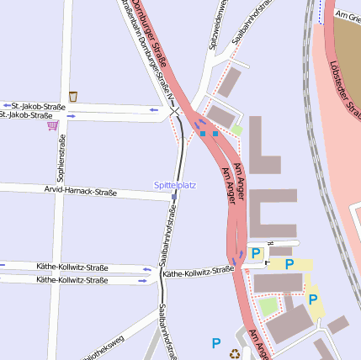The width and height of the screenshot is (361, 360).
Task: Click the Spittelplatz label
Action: [x=174, y=184]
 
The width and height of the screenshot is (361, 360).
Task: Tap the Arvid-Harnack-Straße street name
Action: [x=80, y=192]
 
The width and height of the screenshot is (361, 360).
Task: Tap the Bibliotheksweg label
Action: [x=106, y=346]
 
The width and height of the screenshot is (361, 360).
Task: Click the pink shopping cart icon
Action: [x=53, y=125]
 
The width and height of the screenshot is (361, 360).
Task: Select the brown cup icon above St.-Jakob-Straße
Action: [x=73, y=96]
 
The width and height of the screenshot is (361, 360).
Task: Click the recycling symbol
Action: [x=235, y=352]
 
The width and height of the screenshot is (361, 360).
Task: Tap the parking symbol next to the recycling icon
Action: [x=216, y=342]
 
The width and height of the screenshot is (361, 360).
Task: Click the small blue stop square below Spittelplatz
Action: [x=174, y=196]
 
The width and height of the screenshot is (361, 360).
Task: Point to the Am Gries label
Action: [x=347, y=16]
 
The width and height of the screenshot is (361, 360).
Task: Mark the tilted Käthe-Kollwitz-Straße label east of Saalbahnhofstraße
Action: [x=199, y=272]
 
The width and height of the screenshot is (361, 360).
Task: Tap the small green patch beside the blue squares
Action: [x=238, y=130]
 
